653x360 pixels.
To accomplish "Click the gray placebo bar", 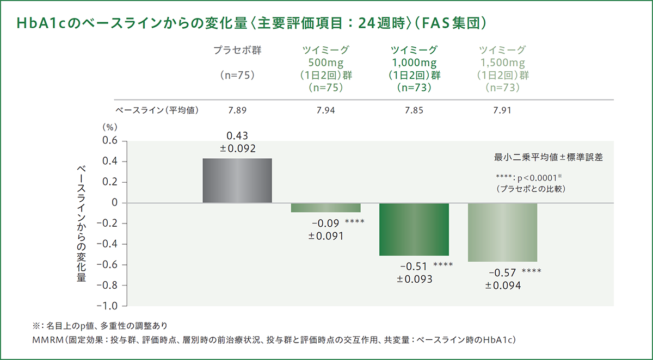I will pos(237,181).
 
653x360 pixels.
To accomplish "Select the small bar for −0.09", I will pos(325,208).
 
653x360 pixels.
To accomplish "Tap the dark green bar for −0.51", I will pos(414,229).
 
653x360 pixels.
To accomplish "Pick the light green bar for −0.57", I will pos(502,232).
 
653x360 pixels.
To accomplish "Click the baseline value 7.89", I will pos(237,110).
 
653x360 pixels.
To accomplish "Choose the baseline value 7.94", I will pos(325,110).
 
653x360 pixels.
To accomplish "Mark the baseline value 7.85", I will pos(414,110).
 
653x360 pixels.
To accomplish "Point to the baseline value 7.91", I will pos(502,110).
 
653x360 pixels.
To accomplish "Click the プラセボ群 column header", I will pos(237,51).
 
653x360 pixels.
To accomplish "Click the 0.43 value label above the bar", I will pos(237,135).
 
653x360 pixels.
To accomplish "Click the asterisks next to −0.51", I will pos(443,266).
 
